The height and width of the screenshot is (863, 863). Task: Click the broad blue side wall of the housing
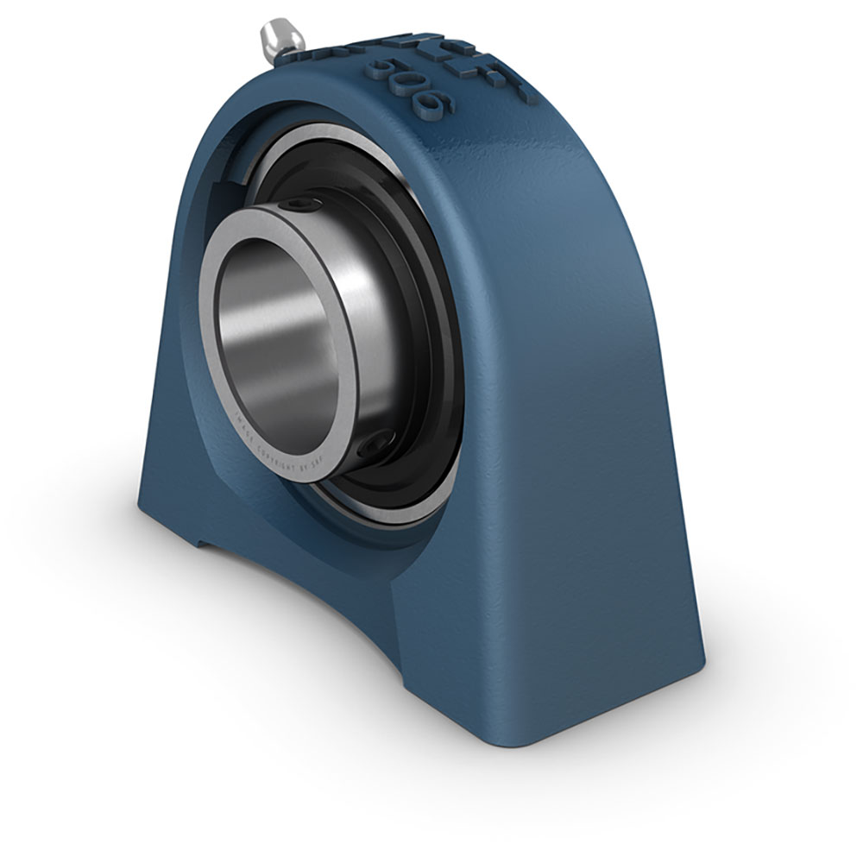click(587, 431)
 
